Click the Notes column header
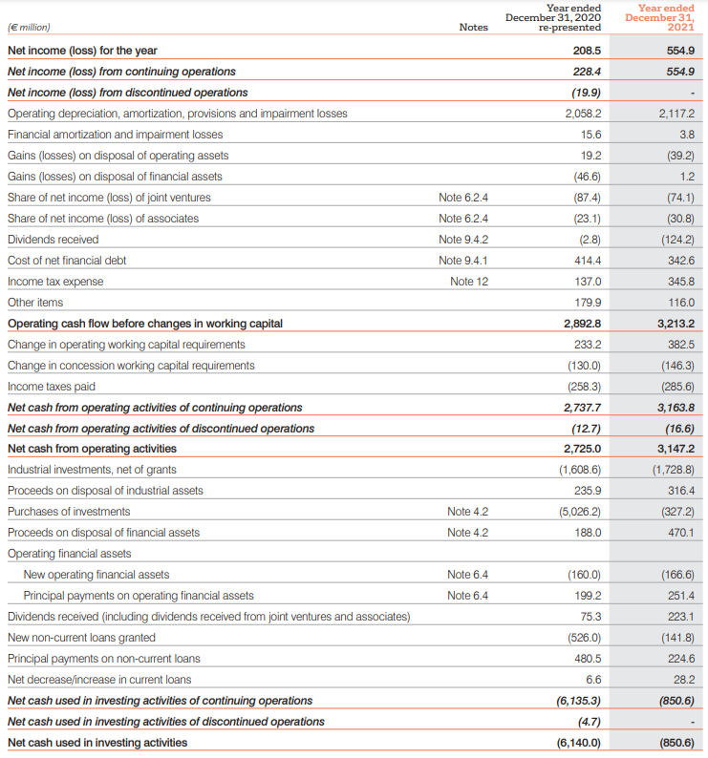tap(473, 27)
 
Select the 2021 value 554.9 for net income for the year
tap(680, 51)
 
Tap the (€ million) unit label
tap(29, 27)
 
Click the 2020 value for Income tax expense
tap(588, 282)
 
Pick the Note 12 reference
tap(469, 282)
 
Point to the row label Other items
tap(35, 303)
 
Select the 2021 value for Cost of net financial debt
tap(681, 261)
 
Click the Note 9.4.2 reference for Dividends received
tap(463, 240)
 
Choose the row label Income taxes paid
tap(52, 387)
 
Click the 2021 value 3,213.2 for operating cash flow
tap(676, 324)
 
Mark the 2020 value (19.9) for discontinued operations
tap(586, 93)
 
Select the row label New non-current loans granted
tap(81, 638)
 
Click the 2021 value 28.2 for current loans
tap(684, 680)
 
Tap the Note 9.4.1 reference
tap(463, 261)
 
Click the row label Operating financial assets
tap(69, 554)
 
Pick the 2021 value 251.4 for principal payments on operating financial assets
tap(681, 596)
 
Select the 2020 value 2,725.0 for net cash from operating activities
tap(582, 449)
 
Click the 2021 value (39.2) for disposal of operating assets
tap(680, 156)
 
